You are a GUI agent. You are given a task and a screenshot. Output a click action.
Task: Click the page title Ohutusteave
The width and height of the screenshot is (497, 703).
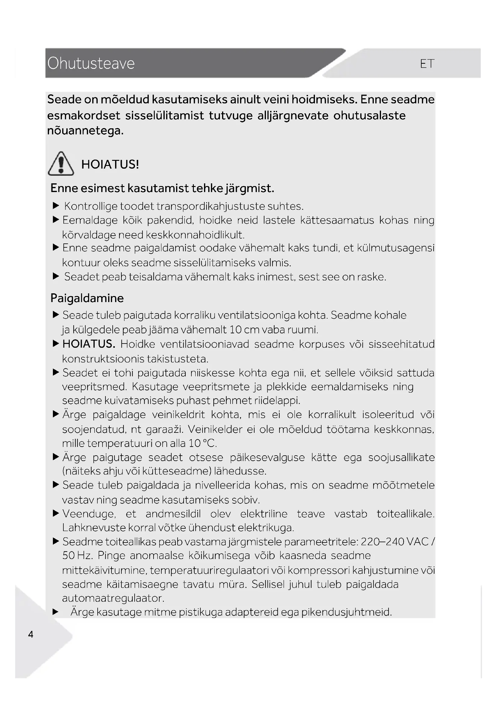91,63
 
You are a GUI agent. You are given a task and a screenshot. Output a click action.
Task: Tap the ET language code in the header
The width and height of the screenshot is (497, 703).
427,64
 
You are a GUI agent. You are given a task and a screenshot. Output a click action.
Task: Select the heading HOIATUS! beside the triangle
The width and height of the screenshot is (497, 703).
110,164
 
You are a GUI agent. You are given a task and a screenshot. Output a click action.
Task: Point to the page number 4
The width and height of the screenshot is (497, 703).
31,634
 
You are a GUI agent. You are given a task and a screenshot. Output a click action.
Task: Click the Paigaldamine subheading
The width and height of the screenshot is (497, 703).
87,298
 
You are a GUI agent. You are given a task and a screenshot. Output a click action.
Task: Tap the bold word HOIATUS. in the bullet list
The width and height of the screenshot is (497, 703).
89,344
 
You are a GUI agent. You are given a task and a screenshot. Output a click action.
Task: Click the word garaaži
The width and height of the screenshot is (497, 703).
164,429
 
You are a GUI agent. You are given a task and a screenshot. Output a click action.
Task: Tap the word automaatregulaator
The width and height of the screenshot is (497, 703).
113,598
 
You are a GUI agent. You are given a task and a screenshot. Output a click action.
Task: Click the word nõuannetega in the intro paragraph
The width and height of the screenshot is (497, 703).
85,131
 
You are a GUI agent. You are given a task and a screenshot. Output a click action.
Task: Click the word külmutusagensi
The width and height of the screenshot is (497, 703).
396,248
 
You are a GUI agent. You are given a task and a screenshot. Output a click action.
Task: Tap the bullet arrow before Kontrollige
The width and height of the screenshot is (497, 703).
56,206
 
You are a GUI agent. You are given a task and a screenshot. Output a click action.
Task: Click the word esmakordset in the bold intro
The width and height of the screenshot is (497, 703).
84,115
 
